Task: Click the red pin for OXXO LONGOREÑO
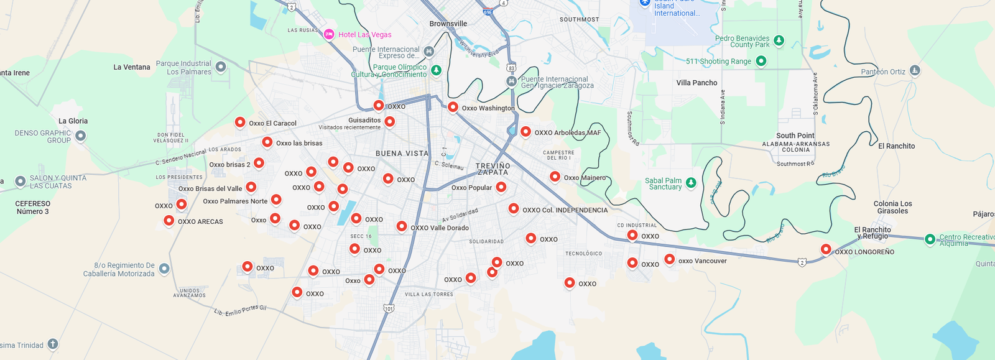pos(826,249)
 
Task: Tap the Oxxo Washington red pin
pos(453,107)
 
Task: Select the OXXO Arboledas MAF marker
pos(525,131)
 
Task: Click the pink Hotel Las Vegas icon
pos(329,34)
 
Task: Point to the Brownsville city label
pos(448,24)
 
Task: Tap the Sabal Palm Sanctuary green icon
pos(690,183)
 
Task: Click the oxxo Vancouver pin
pos(669,259)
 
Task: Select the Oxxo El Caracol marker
pos(240,122)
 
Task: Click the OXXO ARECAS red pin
pos(169,220)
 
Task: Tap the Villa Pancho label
pos(696,83)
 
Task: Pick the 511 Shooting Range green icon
pos(761,61)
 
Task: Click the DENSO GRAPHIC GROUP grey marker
pos(80,136)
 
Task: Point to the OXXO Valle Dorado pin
pos(402,226)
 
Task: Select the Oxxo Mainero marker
pos(555,177)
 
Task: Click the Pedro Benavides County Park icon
pos(778,41)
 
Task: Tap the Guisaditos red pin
pos(389,121)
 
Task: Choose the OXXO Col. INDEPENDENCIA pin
pos(514,208)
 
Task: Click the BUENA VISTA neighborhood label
pos(402,153)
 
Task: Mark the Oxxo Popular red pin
pos(501,187)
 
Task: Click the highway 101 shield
pos(389,308)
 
